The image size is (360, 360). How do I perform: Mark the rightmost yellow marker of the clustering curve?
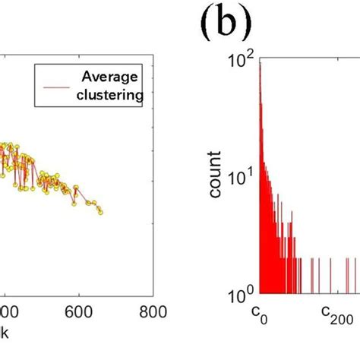point(100,211)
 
